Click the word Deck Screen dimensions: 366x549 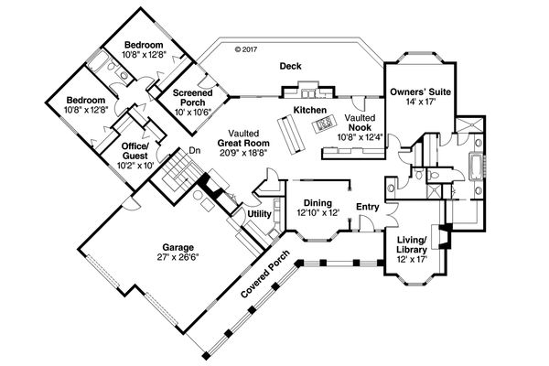click(x=292, y=65)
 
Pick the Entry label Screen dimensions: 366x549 click(x=367, y=207)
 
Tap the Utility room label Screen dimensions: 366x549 click(x=258, y=213)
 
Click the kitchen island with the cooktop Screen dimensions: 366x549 click(x=322, y=120)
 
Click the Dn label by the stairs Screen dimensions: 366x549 click(x=194, y=151)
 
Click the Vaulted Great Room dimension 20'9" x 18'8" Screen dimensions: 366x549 click(x=243, y=154)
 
